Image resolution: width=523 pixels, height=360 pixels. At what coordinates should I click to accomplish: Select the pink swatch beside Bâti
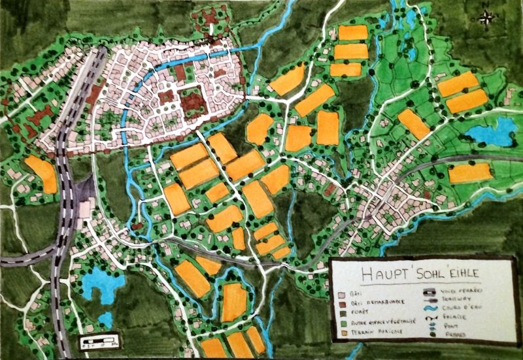coord(342,295)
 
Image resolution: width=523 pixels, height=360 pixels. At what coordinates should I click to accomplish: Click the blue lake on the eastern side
coord(490,133)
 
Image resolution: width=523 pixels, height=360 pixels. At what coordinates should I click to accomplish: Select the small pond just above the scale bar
coord(105,319)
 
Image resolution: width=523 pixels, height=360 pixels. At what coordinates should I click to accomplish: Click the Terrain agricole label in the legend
coord(377,331)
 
